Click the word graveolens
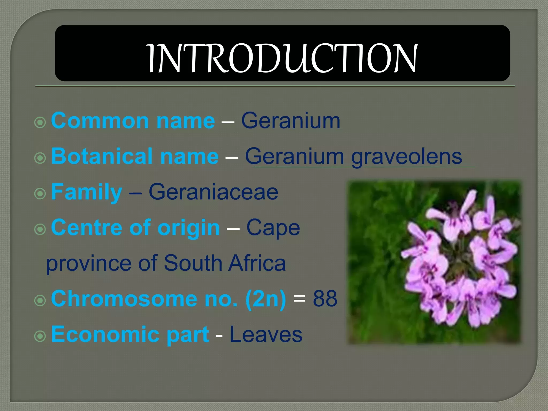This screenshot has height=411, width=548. click(x=407, y=157)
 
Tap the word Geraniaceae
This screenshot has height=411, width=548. click(x=213, y=192)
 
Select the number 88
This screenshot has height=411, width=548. click(x=325, y=299)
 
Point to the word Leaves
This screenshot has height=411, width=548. click(x=266, y=334)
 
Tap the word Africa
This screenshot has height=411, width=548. click(x=257, y=263)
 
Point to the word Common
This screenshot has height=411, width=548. click(x=100, y=121)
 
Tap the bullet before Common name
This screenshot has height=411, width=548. click(x=40, y=123)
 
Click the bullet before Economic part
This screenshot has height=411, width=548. click(x=40, y=336)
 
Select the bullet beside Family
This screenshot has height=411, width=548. click(x=40, y=194)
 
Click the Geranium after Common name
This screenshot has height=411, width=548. click(x=291, y=121)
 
